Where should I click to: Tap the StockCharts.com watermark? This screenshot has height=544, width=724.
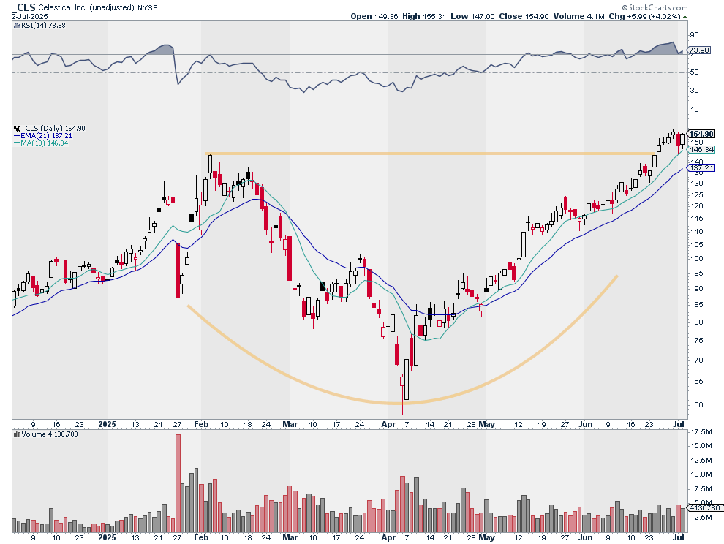[x=655, y=7]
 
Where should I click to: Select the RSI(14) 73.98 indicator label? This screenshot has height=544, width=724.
[x=39, y=26]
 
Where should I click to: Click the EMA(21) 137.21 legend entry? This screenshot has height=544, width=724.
[x=43, y=136]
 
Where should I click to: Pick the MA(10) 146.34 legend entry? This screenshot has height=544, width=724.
[x=41, y=143]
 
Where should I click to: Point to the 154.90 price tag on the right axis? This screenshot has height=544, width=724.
[x=701, y=134]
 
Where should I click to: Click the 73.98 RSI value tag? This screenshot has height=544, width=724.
[x=699, y=50]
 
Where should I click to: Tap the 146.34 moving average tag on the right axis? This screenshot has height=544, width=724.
[x=701, y=150]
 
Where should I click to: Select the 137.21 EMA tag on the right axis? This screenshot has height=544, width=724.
[x=701, y=168]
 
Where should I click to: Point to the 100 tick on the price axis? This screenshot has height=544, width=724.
[x=697, y=259]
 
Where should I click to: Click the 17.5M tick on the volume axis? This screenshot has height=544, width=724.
[x=701, y=432]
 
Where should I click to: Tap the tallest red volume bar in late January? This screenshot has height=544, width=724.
[x=178, y=483]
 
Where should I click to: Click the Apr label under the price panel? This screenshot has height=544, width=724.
[x=388, y=424]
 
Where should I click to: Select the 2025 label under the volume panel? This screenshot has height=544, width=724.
[x=107, y=537]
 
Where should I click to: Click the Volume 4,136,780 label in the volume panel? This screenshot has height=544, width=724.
[x=46, y=434]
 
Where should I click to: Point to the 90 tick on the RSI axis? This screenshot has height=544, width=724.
[x=695, y=35]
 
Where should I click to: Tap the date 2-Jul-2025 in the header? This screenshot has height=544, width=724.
[x=30, y=16]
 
